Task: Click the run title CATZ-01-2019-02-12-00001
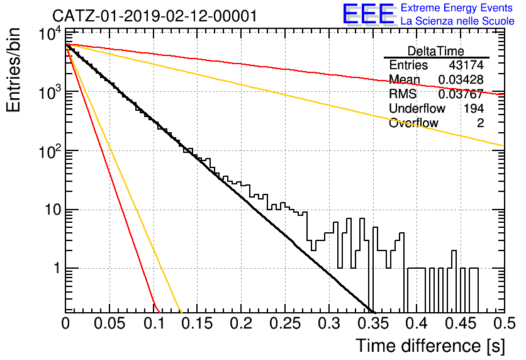click(155, 16)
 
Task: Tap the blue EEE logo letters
click(368, 14)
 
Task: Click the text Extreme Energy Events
click(457, 8)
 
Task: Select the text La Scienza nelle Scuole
click(457, 21)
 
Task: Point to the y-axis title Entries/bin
click(13, 70)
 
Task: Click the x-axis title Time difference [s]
click(430, 346)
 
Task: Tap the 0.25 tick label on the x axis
click(284, 323)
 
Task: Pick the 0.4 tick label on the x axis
click(417, 323)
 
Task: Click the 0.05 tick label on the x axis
click(109, 323)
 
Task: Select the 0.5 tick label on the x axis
click(505, 323)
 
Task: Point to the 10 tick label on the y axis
click(52, 210)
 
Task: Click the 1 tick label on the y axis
click(57, 268)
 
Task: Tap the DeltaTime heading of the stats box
click(436, 51)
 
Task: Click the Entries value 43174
click(466, 65)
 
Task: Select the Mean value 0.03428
click(461, 79)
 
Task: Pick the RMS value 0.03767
click(461, 94)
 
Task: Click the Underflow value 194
click(474, 108)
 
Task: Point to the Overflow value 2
click(480, 123)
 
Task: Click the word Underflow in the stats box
click(417, 108)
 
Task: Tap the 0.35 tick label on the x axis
click(373, 323)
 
